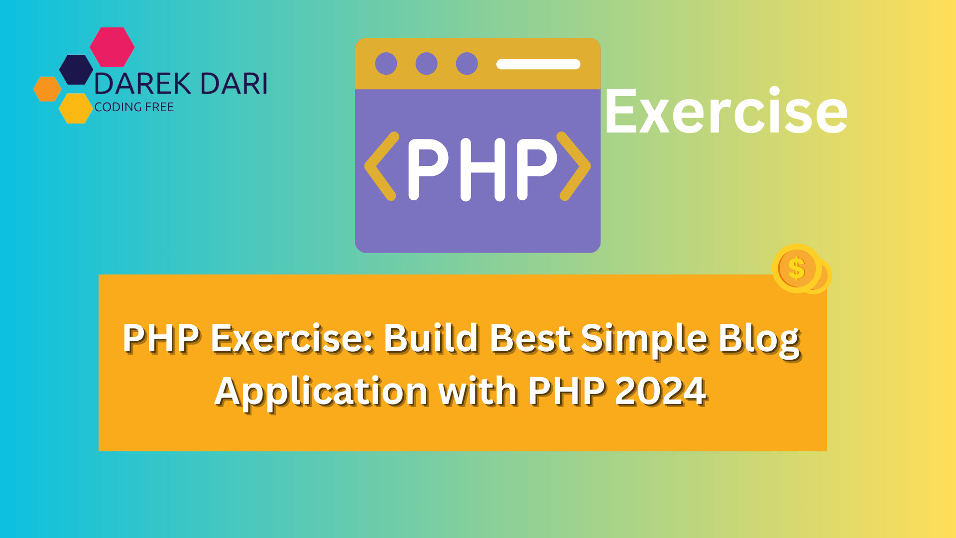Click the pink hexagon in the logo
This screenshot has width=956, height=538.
[x=112, y=47]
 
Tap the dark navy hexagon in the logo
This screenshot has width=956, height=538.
[x=76, y=70]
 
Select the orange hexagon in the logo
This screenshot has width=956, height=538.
[x=47, y=89]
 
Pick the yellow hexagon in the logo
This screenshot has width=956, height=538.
[x=76, y=108]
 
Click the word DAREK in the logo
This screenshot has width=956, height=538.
[x=143, y=84]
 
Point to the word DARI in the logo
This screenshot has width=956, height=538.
[x=234, y=84]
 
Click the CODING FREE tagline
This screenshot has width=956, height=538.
[x=134, y=107]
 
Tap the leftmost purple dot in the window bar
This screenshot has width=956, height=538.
[x=386, y=64]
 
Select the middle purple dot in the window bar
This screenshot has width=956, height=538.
[x=426, y=64]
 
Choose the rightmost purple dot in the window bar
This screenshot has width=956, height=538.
[x=467, y=64]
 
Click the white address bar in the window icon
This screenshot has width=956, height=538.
[x=538, y=64]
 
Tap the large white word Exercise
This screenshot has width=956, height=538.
[x=726, y=111]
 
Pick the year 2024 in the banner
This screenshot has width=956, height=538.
[x=660, y=392]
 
